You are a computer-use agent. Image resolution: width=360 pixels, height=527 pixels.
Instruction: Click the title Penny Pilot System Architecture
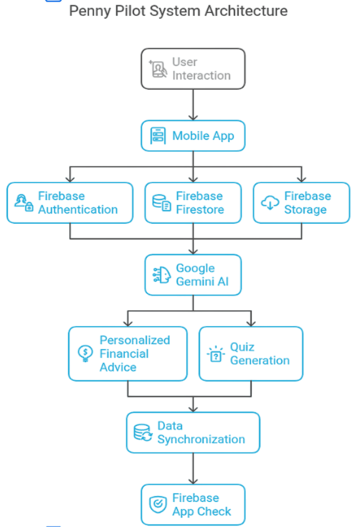coord(179,11)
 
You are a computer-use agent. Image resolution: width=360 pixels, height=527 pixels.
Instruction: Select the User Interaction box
coord(192,69)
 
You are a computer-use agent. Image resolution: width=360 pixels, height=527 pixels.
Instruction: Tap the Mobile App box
coord(192,136)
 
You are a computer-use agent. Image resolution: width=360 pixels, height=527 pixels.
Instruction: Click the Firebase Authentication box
coord(70,203)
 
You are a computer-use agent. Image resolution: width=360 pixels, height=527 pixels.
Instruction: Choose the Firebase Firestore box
coord(191,203)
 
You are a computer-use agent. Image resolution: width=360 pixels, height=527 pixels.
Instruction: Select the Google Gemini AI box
coord(192,275)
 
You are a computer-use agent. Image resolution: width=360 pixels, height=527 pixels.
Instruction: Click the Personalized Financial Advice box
coord(128,353)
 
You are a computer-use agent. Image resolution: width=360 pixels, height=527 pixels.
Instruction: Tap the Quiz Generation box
coord(250,353)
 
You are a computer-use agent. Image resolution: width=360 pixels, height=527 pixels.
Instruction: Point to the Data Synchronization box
coord(192,432)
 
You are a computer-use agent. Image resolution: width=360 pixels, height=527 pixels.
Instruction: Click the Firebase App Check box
coord(192,505)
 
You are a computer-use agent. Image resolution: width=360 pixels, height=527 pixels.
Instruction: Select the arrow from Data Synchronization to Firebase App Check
coord(192,468)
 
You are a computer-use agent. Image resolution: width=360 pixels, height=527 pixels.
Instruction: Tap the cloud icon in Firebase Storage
coord(270,204)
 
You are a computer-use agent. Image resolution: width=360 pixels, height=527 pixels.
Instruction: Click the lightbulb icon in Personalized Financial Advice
coord(85,353)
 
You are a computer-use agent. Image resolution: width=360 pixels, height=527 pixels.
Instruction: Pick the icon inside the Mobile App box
coord(158,136)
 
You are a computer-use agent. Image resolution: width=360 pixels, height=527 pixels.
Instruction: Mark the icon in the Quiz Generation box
coord(214,354)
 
